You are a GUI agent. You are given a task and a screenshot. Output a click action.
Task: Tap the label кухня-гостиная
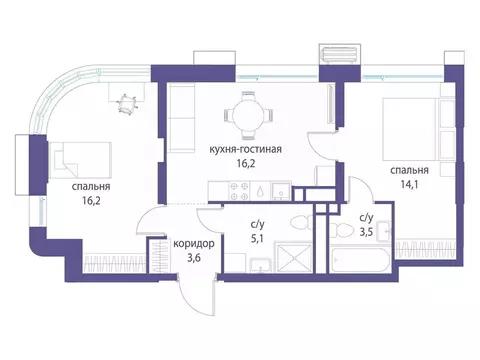click(x=245, y=149)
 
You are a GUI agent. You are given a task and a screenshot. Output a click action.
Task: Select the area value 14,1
click(x=409, y=184)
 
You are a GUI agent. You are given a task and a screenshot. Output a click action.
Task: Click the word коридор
click(x=194, y=244)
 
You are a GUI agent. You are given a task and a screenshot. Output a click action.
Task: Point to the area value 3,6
click(x=194, y=258)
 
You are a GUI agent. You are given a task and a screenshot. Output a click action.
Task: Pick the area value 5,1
click(x=257, y=239)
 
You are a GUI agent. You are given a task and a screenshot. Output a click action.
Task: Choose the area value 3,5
click(x=366, y=231)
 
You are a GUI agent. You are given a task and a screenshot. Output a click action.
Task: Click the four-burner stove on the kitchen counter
click(x=239, y=191)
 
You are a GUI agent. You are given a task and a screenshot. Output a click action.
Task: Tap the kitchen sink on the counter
click(x=281, y=191)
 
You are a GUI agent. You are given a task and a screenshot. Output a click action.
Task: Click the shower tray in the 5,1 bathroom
click(x=294, y=257)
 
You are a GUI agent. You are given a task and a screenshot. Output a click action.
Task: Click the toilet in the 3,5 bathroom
click(x=343, y=229)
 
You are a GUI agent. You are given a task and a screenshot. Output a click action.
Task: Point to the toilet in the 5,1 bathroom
click(x=302, y=222)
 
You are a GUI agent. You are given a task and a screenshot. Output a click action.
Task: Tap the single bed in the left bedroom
click(x=80, y=160)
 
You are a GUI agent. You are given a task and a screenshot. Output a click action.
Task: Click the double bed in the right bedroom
click(x=411, y=128)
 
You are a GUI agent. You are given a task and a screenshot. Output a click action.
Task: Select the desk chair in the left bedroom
click(x=127, y=104)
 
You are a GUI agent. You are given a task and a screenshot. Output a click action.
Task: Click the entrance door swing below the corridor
click(x=197, y=296)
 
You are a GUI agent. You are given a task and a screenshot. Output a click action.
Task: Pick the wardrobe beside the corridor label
click(x=157, y=256)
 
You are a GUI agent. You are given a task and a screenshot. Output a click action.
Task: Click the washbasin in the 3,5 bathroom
click(x=384, y=231)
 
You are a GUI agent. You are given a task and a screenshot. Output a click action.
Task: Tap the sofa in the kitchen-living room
click(x=181, y=118)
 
